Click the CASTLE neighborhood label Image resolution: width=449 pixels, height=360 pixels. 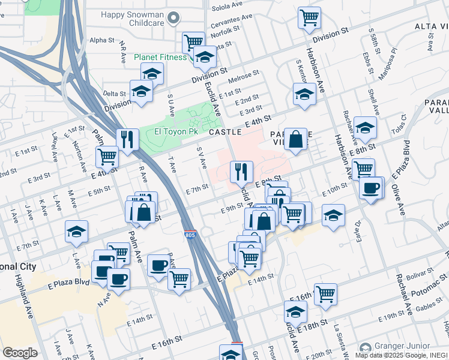click(x=225, y=131)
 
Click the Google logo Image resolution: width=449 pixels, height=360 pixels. click(x=20, y=352)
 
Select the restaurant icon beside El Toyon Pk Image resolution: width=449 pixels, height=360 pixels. click(x=126, y=139)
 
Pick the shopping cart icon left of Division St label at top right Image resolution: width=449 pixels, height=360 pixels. click(x=309, y=18)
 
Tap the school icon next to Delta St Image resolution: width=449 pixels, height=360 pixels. click(x=142, y=91)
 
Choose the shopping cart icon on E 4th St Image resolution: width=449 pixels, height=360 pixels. click(x=107, y=157)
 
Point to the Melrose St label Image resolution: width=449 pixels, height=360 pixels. click(x=243, y=76)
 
